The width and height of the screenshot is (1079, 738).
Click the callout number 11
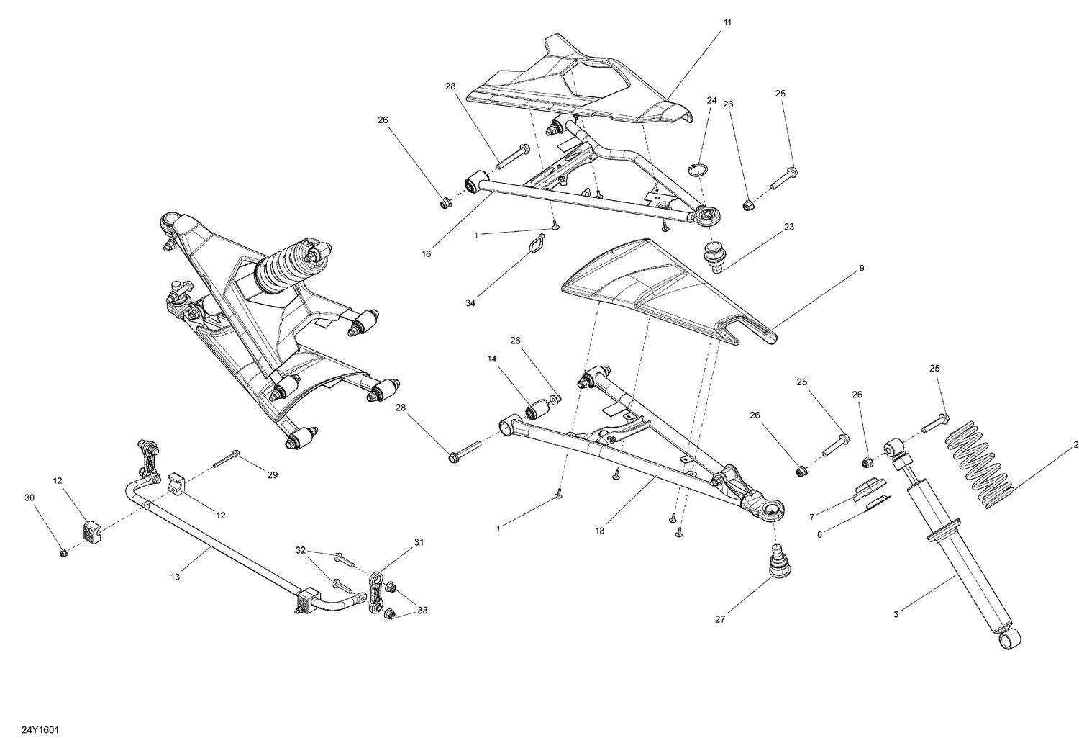pos(727,23)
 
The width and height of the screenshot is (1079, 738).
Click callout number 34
pos(470,304)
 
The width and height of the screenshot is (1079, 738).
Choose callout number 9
pos(861,269)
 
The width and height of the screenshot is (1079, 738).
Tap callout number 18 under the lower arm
pos(600,531)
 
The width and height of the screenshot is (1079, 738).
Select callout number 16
pos(427,253)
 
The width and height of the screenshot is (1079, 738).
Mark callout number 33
pos(422,611)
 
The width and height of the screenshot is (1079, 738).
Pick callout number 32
pos(301,550)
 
